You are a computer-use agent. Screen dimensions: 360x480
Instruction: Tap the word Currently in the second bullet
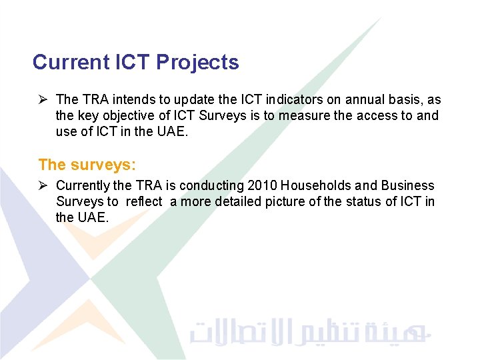83,186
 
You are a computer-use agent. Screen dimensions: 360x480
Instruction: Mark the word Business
409,186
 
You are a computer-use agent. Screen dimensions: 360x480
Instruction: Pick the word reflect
143,201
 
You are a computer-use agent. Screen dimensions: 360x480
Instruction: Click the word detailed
243,201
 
